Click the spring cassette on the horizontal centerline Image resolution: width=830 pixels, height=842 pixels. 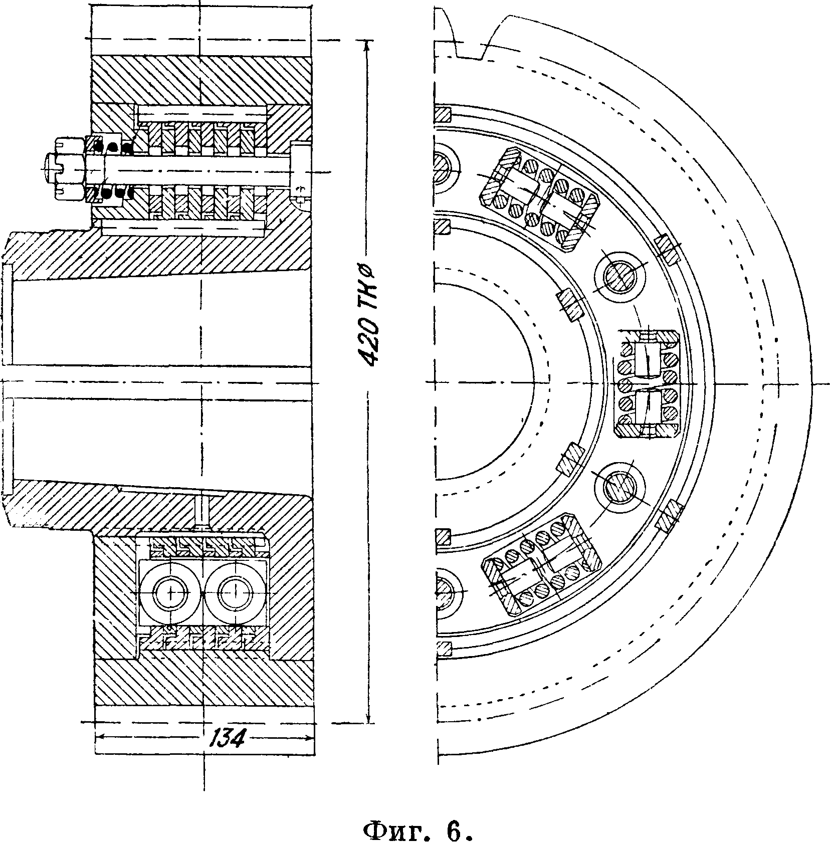[x=647, y=384]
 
